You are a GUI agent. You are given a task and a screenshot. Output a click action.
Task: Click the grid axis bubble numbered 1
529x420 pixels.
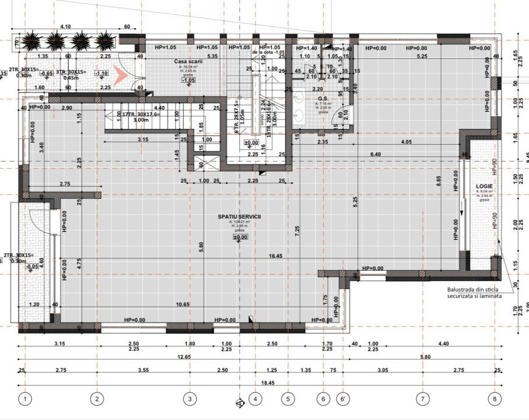coord(25,399)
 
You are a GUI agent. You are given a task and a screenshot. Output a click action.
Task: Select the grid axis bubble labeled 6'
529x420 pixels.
coord(342,399)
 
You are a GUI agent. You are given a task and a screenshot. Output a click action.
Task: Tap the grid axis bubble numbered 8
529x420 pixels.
coord(495,399)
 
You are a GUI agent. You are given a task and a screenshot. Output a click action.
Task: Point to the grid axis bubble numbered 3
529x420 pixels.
coord(189,399)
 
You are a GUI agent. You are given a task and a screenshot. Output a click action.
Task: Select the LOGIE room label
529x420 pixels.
coord(485,185)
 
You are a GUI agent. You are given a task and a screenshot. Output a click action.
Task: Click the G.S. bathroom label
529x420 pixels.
coord(323,99)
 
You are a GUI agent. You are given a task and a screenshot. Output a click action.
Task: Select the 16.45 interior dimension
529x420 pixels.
coord(276,256)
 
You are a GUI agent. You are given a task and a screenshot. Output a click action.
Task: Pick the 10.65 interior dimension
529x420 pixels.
coord(183,304)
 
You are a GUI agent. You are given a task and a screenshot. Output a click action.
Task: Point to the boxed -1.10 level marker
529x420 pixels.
coord(102,73)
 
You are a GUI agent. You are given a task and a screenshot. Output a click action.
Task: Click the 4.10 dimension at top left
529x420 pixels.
coord(65,27)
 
